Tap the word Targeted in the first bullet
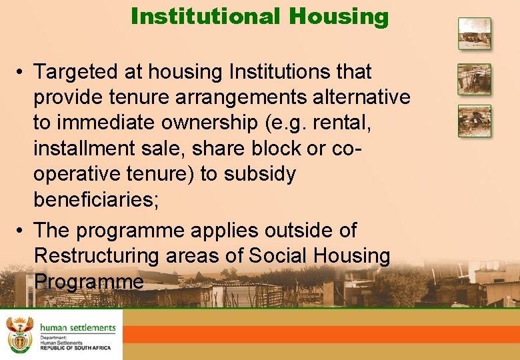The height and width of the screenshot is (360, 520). click(77, 71)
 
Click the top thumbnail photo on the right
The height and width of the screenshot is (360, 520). click(474, 33)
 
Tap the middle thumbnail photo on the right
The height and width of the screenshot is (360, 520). click(474, 79)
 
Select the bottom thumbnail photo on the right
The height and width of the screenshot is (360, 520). click(474, 121)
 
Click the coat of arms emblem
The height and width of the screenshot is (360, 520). click(19, 335)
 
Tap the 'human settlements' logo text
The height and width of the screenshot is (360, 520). click(77, 328)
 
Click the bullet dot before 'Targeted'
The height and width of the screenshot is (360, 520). click(22, 72)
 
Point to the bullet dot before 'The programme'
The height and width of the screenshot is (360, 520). click(22, 231)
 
